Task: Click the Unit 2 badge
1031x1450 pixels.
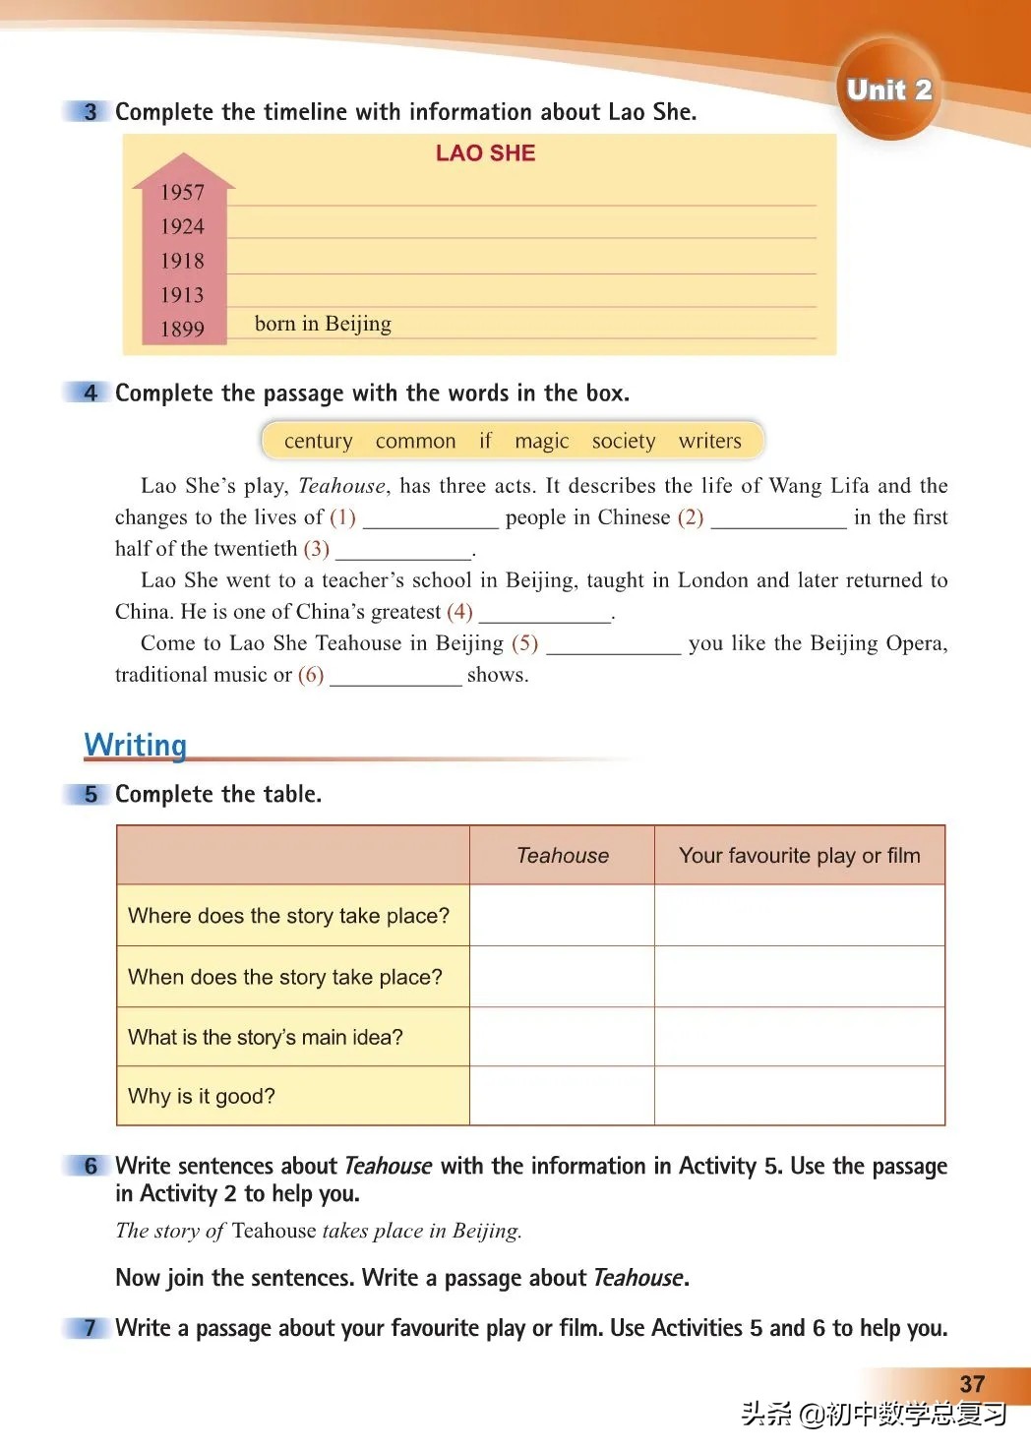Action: coord(888,90)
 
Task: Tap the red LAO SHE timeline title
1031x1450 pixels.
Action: coord(485,153)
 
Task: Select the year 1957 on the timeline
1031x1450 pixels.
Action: coord(182,193)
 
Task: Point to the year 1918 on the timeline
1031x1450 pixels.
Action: coord(182,261)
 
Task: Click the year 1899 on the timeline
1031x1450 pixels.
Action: coord(182,330)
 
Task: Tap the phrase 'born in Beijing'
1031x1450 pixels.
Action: coord(323,324)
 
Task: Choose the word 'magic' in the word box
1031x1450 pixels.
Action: coord(541,441)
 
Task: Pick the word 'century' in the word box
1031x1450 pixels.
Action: coord(318,441)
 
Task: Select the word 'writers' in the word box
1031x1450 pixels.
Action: coord(709,441)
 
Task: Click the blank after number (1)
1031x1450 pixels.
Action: coord(430,519)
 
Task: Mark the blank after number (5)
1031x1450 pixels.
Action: coord(613,645)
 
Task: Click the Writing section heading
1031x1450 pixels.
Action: coord(135,745)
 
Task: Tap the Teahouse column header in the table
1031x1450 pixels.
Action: coord(562,856)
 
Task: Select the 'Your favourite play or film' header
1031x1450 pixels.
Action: coord(799,856)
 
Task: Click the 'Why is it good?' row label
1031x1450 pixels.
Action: coord(202,1096)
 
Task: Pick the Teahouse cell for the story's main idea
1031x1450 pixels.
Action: coord(562,1037)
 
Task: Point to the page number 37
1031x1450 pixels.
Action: coord(972,1384)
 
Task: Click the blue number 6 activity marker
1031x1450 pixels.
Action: coord(90,1166)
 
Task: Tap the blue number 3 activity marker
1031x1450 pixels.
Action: coord(90,112)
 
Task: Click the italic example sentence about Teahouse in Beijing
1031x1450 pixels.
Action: coord(318,1231)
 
